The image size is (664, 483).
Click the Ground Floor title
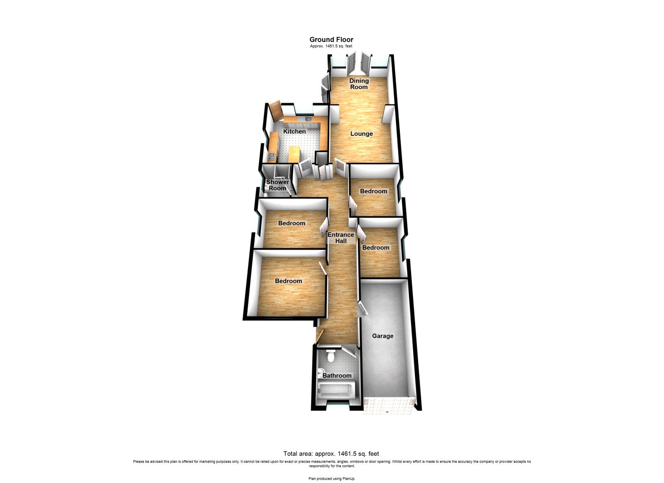(x=331, y=40)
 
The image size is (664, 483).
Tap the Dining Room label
(x=359, y=84)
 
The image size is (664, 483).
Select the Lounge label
(x=361, y=134)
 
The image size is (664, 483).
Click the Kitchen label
(x=294, y=132)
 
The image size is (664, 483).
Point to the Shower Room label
(x=277, y=185)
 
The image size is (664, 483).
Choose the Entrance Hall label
(x=341, y=238)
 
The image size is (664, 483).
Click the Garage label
(x=383, y=336)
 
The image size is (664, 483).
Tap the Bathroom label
(x=337, y=376)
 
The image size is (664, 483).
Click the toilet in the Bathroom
(x=331, y=356)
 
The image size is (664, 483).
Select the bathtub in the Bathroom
(x=334, y=390)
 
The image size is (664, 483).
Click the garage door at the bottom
(x=389, y=405)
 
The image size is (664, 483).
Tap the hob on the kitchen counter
(x=271, y=157)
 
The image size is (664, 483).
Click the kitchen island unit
(x=293, y=154)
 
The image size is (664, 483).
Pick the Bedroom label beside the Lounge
(x=373, y=191)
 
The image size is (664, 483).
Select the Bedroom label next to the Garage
(x=376, y=248)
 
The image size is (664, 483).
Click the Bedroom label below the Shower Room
(x=291, y=223)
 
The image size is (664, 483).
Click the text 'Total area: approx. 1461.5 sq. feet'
(x=331, y=454)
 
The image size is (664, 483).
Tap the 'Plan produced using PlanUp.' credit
(x=332, y=478)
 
